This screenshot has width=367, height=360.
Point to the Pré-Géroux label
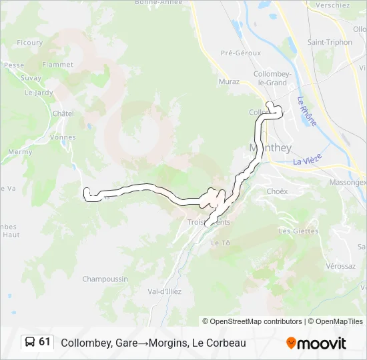241,53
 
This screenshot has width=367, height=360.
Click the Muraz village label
229,81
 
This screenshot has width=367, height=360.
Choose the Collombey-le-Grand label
270,78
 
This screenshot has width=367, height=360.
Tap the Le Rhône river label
308,111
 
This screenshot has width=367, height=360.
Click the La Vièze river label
308,161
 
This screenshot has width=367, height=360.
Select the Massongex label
348,182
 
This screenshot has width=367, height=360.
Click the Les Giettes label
294,231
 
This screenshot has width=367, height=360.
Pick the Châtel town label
63,113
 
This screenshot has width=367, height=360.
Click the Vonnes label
63,137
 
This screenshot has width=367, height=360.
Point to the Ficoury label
29,43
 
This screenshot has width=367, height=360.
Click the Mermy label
19,152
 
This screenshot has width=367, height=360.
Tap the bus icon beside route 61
31,343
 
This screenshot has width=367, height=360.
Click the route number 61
45,342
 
